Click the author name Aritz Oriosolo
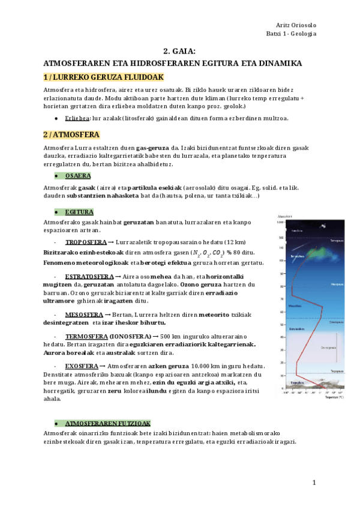point(295,24)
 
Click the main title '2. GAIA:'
point(179,52)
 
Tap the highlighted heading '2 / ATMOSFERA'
point(71,134)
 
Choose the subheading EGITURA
point(79,212)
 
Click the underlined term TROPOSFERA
point(85,241)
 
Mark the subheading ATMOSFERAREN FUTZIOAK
point(107,423)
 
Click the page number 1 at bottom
point(313,483)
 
